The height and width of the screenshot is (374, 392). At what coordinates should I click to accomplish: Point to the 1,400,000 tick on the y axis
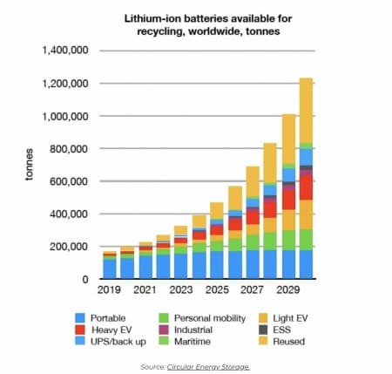click(65, 51)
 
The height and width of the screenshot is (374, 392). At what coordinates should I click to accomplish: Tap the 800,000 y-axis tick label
click(70, 148)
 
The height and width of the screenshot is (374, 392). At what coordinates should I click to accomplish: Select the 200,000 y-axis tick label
click(70, 247)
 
